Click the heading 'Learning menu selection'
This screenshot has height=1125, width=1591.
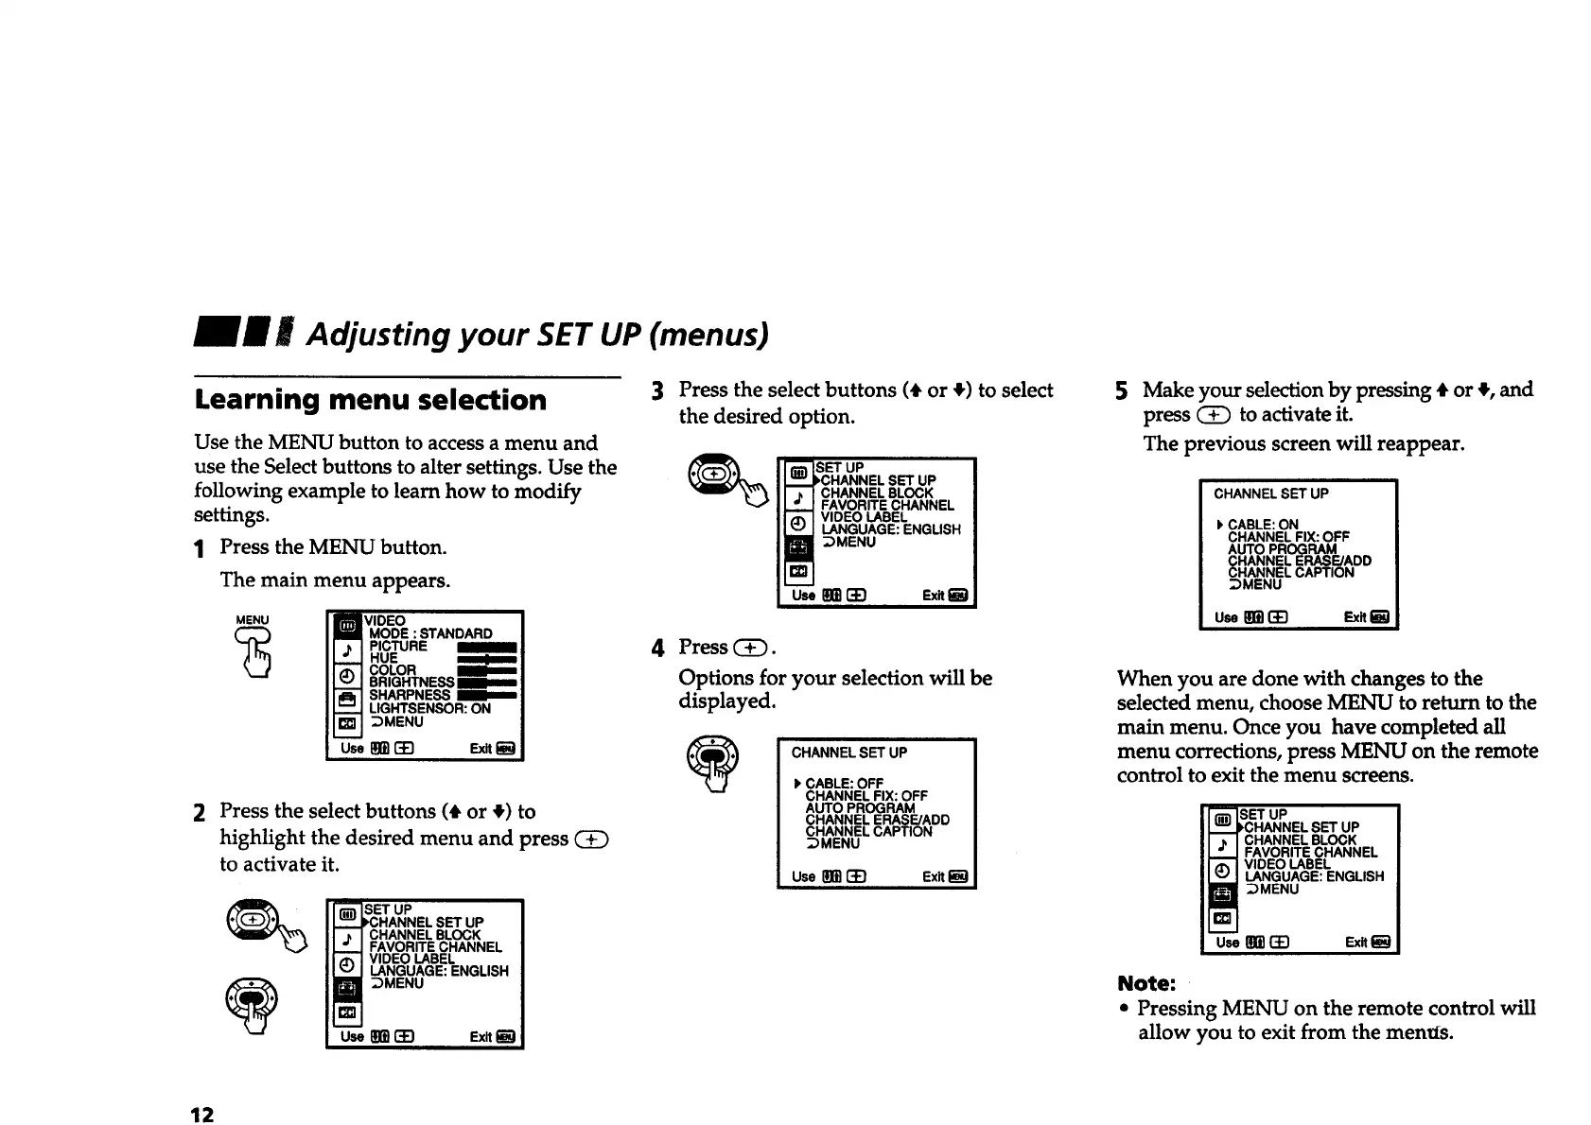pyautogui.click(x=370, y=400)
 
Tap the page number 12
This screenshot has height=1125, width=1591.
pyautogui.click(x=202, y=1114)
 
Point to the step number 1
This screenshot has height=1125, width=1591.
pyautogui.click(x=200, y=548)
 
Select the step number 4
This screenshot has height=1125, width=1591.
pyautogui.click(x=658, y=649)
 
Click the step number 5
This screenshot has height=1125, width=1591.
pyautogui.click(x=1121, y=390)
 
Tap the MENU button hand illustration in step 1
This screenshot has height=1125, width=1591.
pyautogui.click(x=254, y=646)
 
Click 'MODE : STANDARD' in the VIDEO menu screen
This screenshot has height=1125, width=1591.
pyautogui.click(x=430, y=633)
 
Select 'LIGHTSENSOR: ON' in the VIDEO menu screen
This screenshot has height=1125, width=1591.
pyautogui.click(x=429, y=708)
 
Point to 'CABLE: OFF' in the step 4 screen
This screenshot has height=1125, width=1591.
pyautogui.click(x=844, y=784)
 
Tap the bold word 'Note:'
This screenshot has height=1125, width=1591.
pyautogui.click(x=1145, y=982)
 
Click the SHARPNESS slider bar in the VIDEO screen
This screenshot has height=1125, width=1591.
pyautogui.click(x=486, y=696)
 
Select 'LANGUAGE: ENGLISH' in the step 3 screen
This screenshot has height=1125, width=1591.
pyautogui.click(x=890, y=529)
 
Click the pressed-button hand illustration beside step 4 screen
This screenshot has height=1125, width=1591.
pyautogui.click(x=716, y=764)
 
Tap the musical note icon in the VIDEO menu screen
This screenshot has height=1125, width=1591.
pyautogui.click(x=347, y=650)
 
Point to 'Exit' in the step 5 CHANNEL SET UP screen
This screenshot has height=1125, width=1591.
pyautogui.click(x=1355, y=617)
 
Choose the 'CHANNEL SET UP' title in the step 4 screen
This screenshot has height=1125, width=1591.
pyautogui.click(x=848, y=753)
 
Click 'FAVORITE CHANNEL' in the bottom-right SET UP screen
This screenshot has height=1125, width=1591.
pyautogui.click(x=1310, y=852)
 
